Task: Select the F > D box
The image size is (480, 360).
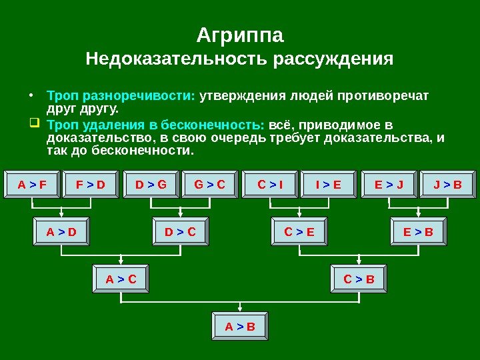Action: coord(91,185)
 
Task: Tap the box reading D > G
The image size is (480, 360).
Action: coord(151,185)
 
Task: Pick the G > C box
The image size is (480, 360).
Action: coord(210,185)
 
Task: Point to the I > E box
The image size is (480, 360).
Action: coord(328,185)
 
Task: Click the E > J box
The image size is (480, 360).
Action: coord(388,185)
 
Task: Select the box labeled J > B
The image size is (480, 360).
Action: coord(447,185)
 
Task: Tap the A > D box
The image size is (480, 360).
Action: coord(61,232)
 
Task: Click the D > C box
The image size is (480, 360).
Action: coord(180,232)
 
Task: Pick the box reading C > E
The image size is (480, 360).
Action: coord(299,232)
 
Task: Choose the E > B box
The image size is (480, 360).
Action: coord(418,232)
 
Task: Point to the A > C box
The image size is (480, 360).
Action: coord(121,279)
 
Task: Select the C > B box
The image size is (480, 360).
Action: coord(359,279)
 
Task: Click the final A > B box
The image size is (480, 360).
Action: coord(240,327)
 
